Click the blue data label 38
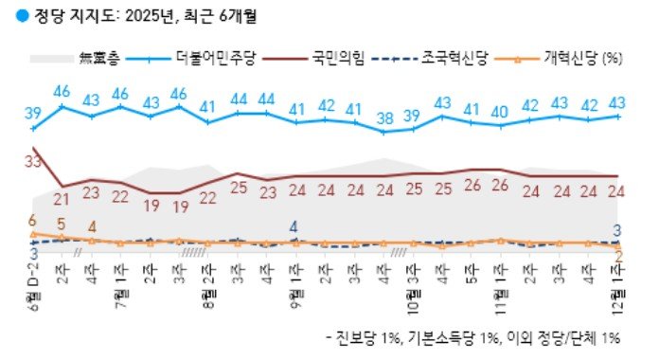(x=383, y=118)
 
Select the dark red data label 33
(x=33, y=162)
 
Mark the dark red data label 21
(x=62, y=199)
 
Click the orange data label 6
(x=33, y=220)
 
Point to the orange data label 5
(x=62, y=225)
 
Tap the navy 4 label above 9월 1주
(x=294, y=226)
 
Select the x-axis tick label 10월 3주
(x=413, y=283)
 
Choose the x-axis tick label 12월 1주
(x=618, y=283)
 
